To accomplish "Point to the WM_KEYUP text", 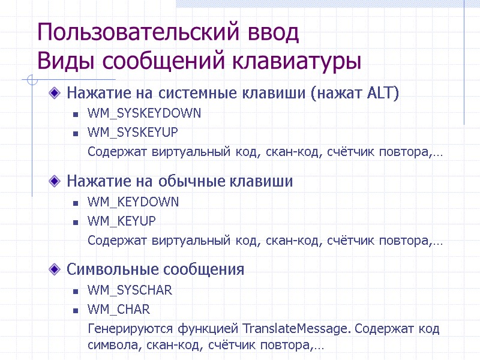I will point(122,221).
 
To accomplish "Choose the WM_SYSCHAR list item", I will point(130,290).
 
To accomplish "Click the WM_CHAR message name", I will point(119,310).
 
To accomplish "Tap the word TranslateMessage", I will point(296,329).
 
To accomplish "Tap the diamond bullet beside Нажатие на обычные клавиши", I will point(55,181).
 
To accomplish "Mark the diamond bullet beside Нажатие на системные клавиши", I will point(55,94).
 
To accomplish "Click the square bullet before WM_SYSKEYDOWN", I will point(75,113).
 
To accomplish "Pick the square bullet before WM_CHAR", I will point(75,310).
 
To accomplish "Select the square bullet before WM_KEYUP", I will point(75,221).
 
